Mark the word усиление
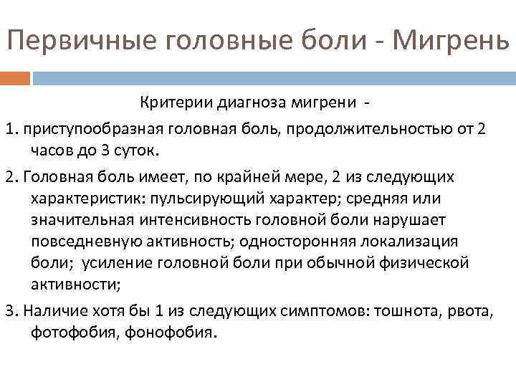[115, 263]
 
